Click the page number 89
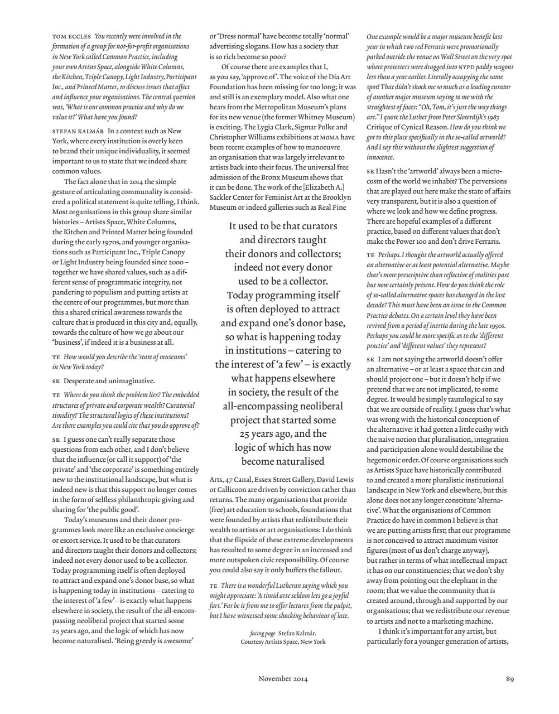(x=510, y=679)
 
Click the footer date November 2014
(x=283, y=679)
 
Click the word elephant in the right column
(x=473, y=581)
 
